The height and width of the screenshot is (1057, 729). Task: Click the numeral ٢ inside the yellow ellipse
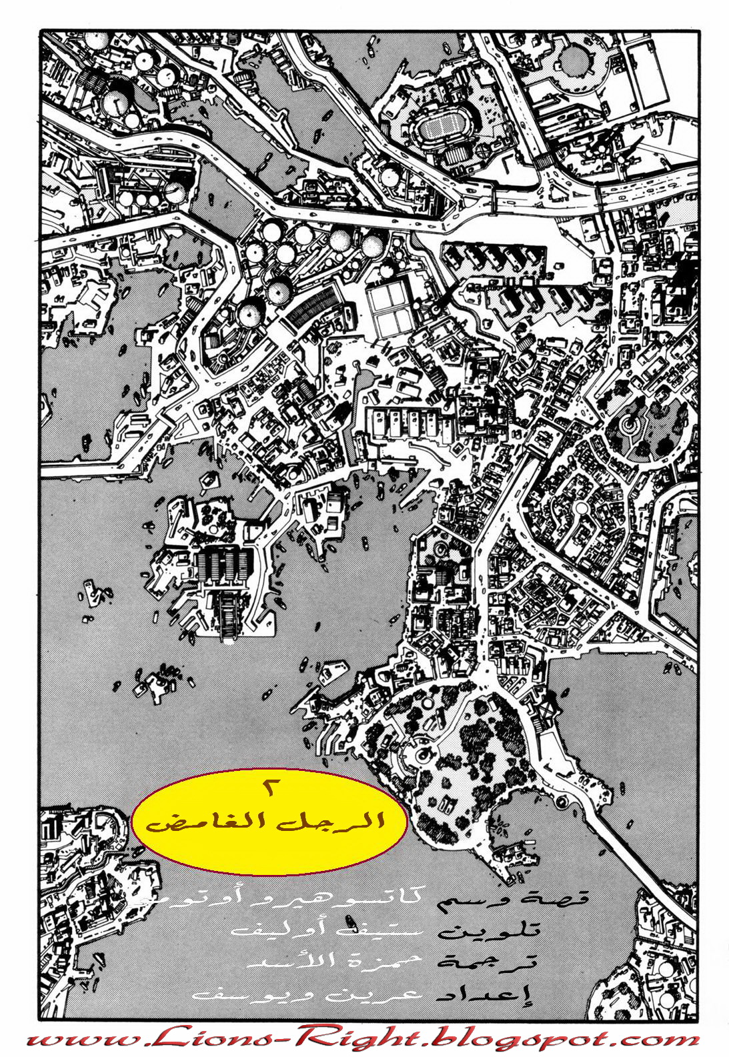pyautogui.click(x=270, y=787)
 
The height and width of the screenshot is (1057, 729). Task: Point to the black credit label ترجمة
pyautogui.click(x=486, y=961)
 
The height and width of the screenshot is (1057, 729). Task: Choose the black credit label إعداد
pyautogui.click(x=486, y=994)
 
